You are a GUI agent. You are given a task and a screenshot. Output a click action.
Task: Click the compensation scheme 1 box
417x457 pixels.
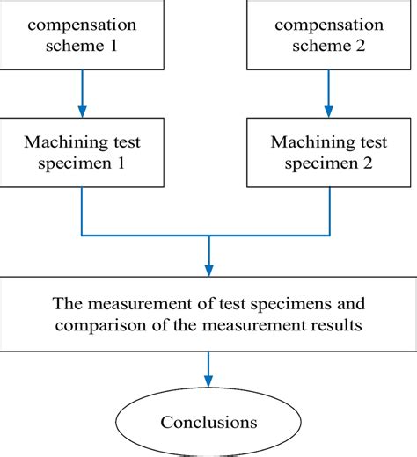click(83, 34)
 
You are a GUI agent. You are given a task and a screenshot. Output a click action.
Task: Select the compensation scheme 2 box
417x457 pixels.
click(332, 34)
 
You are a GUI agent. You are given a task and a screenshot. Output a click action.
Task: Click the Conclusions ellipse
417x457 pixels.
click(208, 421)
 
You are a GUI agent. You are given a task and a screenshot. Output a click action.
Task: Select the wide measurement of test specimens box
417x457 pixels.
click(208, 316)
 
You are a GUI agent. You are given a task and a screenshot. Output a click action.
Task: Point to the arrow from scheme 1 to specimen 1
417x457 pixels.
click(83, 93)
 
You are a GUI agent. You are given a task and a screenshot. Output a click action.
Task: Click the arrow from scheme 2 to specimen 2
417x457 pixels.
click(332, 93)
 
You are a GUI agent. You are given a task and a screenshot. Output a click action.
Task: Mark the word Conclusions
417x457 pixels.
click(208, 422)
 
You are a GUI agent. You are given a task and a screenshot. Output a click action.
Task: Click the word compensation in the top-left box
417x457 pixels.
click(83, 23)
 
